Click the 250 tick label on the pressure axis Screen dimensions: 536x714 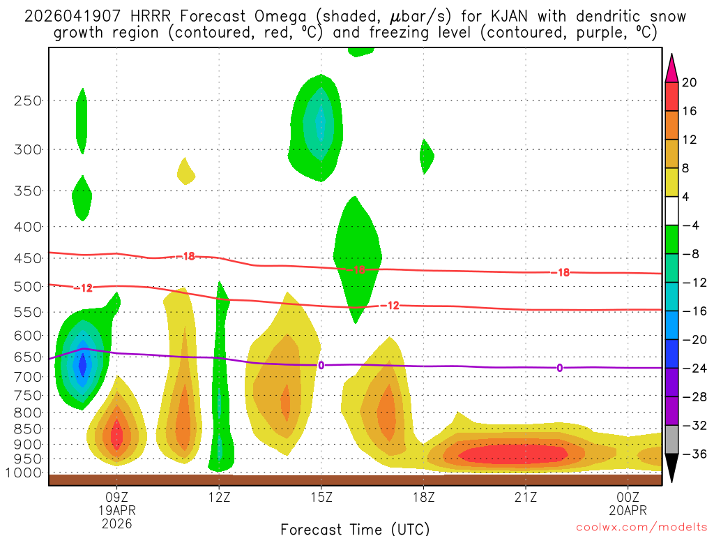pyautogui.click(x=28, y=100)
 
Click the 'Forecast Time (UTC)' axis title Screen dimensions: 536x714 pyautogui.click(x=355, y=528)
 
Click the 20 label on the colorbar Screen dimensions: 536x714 pyautogui.click(x=690, y=82)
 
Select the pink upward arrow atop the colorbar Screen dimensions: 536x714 pyautogui.click(x=671, y=67)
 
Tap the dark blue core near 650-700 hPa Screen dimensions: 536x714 pyautogui.click(x=83, y=364)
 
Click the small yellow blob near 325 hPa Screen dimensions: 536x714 pyautogui.click(x=185, y=171)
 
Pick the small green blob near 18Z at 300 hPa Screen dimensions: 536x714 pyautogui.click(x=426, y=157)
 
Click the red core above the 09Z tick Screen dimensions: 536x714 pyautogui.click(x=117, y=436)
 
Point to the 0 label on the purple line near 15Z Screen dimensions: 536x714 pyautogui.click(x=321, y=365)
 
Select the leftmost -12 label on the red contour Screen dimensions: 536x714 pyautogui.click(x=83, y=288)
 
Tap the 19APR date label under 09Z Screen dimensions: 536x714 pyautogui.click(x=116, y=509)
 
